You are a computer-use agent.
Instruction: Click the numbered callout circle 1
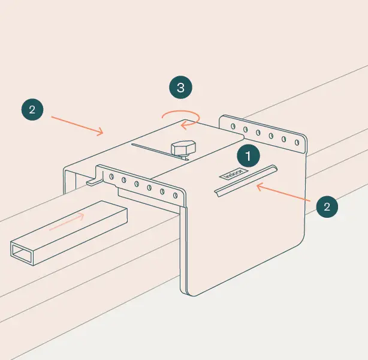point(248,156)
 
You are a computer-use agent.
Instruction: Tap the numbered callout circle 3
point(180,88)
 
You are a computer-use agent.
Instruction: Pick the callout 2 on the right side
point(327,206)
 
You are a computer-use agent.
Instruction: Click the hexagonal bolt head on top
point(182,148)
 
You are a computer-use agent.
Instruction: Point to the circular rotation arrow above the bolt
point(181,118)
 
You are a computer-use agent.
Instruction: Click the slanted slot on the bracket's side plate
point(246,179)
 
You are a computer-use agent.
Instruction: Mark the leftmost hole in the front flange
point(111,176)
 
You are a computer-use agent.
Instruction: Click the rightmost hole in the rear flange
point(296,142)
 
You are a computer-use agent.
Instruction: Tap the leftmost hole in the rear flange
point(231,126)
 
